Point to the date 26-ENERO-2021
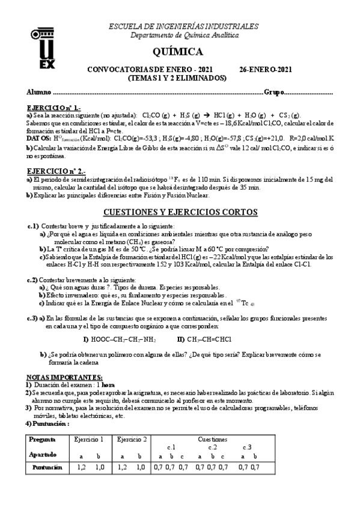pos(266,69)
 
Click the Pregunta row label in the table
pos(42,440)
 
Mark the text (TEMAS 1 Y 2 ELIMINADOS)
pos(177,78)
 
